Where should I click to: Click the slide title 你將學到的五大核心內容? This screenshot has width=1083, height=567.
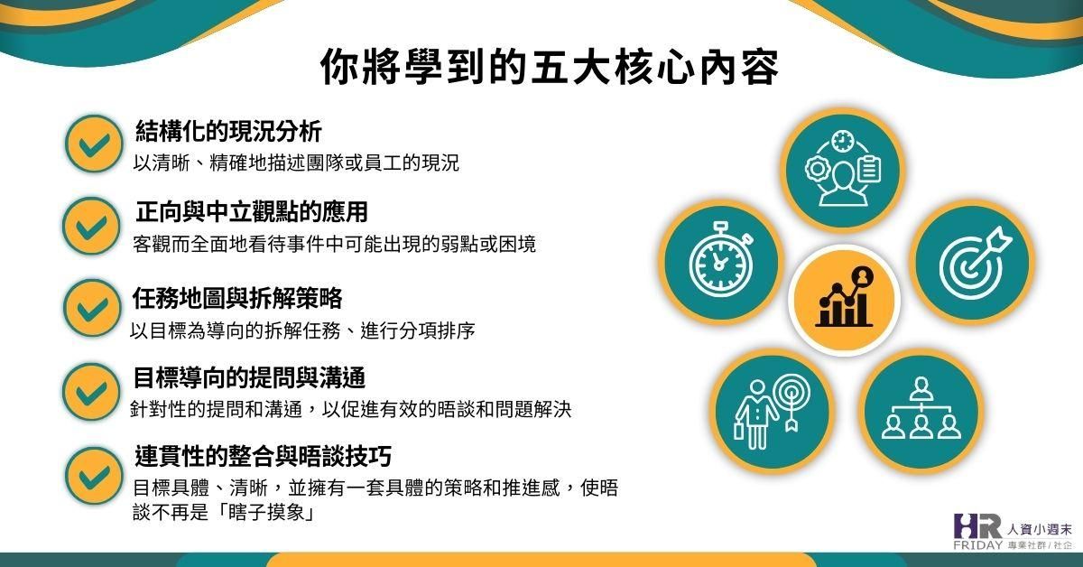pyautogui.click(x=550, y=68)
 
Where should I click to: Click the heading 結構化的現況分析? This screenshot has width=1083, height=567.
pyautogui.click(x=227, y=131)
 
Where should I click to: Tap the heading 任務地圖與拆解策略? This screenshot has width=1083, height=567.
pyautogui.click(x=237, y=297)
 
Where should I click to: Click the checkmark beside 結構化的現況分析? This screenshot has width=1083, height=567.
pyautogui.click(x=93, y=144)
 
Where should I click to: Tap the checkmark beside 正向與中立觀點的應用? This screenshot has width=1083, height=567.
pyautogui.click(x=91, y=226)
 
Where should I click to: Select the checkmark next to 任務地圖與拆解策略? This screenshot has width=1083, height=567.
pyautogui.click(x=91, y=308)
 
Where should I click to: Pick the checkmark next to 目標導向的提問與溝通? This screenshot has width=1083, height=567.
pyautogui.click(x=91, y=391)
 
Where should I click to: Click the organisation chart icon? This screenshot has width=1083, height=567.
pyautogui.click(x=919, y=409)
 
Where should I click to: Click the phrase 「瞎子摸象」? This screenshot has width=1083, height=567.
pyautogui.click(x=245, y=513)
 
